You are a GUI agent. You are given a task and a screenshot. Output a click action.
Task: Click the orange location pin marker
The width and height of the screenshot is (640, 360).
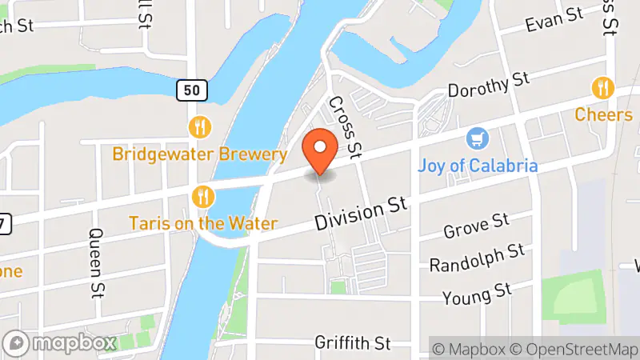pos(321,151)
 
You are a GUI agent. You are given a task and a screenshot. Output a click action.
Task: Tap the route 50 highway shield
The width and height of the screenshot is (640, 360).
pos(192,90)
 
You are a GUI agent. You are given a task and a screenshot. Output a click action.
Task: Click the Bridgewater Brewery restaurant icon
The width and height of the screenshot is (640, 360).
pos(200,126)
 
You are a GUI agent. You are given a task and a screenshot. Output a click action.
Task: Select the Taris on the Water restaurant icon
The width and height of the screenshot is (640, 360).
pos(203,196)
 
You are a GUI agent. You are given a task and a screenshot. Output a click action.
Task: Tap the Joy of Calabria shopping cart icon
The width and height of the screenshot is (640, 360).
pos(478,139)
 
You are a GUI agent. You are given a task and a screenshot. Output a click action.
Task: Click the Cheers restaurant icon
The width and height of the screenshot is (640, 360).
pos(603,87)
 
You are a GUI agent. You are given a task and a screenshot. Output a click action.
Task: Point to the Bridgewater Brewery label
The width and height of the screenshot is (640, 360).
pos(199,154)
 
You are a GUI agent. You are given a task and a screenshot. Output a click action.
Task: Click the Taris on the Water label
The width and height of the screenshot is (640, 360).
pos(203,223)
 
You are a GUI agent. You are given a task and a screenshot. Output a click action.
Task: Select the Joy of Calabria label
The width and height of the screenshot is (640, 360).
pos(478,166)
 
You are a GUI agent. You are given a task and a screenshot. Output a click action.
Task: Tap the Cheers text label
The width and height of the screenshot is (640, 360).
pos(603,114)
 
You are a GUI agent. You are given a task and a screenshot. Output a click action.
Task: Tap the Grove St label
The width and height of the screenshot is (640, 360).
pos(476,226)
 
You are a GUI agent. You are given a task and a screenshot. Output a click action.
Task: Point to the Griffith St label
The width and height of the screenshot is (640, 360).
pos(352,343)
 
